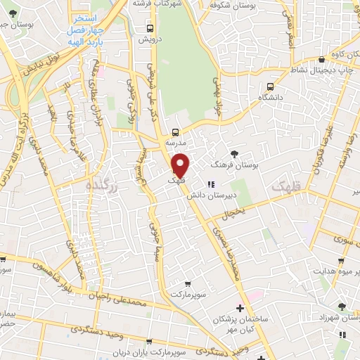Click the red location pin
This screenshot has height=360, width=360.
click(x=181, y=165)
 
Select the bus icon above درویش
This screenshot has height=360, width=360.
click(x=149, y=29)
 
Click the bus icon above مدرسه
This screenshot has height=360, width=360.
click(x=175, y=131)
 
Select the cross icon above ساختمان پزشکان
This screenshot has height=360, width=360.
click(x=240, y=308)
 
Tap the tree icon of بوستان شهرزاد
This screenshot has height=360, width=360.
click(x=342, y=307)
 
